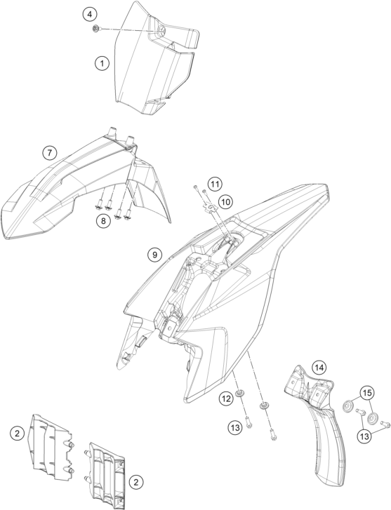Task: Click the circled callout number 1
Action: click(x=102, y=62)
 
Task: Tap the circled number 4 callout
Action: click(x=90, y=14)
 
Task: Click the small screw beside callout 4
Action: click(x=97, y=29)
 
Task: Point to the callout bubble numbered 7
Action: click(x=49, y=152)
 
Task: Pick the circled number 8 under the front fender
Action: click(x=103, y=221)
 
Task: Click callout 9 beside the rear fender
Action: click(x=154, y=255)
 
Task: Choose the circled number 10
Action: click(x=225, y=202)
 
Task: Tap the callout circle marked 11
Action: click(x=214, y=184)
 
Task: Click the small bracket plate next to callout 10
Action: click(x=210, y=206)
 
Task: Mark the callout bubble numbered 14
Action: click(x=319, y=368)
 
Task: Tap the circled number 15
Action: click(x=367, y=394)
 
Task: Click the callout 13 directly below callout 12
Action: click(x=235, y=427)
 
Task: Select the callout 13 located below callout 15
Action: click(x=364, y=436)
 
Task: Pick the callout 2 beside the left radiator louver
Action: click(x=18, y=433)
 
